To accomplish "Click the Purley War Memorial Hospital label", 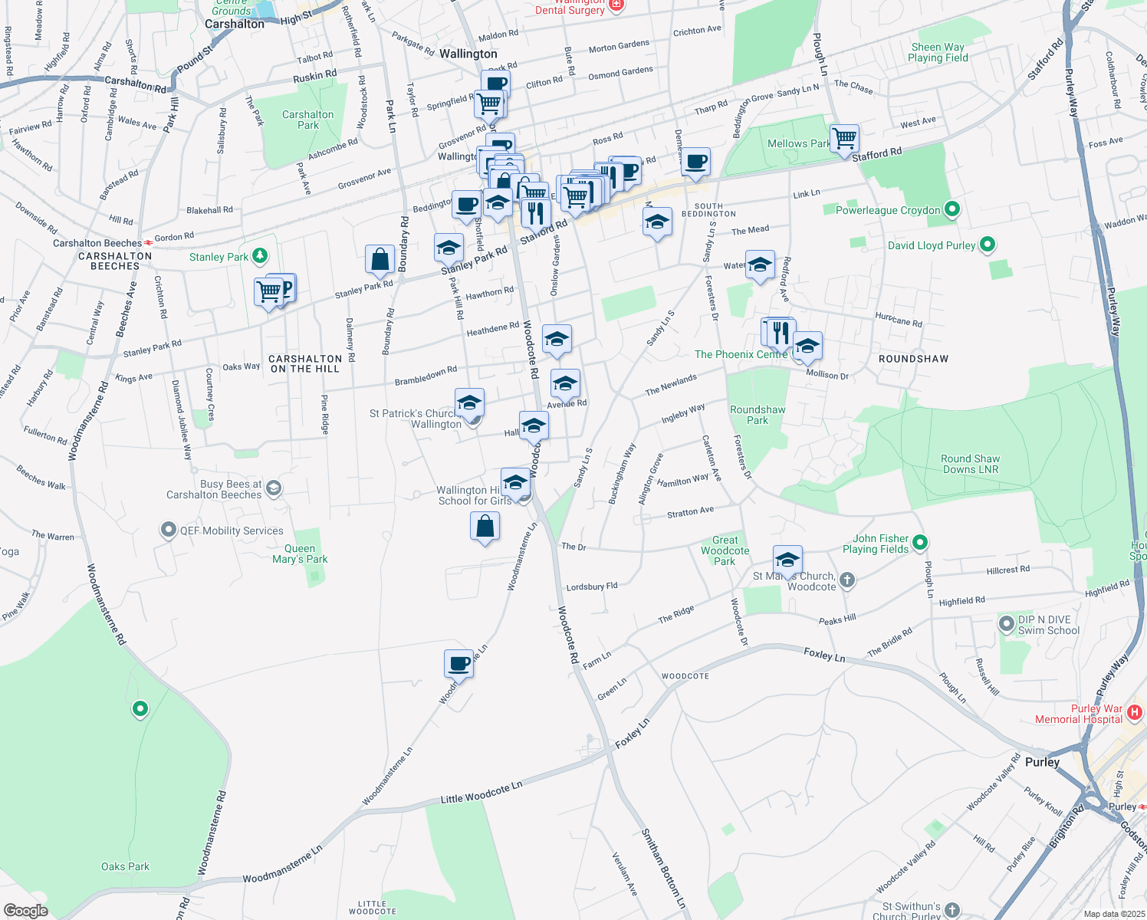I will [x=1079, y=714].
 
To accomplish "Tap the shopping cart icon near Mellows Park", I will [x=844, y=140].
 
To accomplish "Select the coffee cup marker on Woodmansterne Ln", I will [x=458, y=664].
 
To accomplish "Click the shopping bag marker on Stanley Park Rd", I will [x=380, y=261].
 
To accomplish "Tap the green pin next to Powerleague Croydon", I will [x=952, y=209].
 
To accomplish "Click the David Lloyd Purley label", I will [x=931, y=245].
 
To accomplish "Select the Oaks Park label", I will [x=125, y=866].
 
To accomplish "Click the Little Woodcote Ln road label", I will [x=481, y=793].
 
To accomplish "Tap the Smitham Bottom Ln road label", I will [x=662, y=869].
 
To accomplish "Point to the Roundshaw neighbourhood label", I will [x=913, y=359].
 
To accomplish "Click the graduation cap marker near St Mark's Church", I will [x=787, y=560].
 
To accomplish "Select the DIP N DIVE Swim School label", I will [x=1048, y=625].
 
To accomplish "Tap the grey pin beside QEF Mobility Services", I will [x=168, y=530].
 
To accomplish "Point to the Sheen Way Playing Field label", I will [x=938, y=52].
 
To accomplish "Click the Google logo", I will [x=26, y=911].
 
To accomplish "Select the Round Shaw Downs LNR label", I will [x=970, y=464].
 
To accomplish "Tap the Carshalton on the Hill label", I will [x=305, y=363].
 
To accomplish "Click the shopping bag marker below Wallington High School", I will [x=485, y=527].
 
